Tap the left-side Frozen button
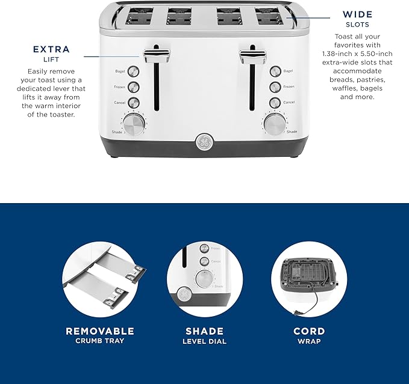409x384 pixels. pyautogui.click(x=134, y=87)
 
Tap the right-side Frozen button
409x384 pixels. pyautogui.click(x=275, y=87)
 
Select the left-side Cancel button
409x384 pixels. pyautogui.click(x=134, y=102)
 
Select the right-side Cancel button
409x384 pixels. pyautogui.click(x=275, y=102)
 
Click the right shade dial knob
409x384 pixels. pyautogui.click(x=274, y=124)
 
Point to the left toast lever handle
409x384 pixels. pyautogui.click(x=157, y=56)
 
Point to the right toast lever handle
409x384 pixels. pyautogui.click(x=253, y=56)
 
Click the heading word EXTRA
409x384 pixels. pyautogui.click(x=51, y=49)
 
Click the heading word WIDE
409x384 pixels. pyautogui.click(x=358, y=14)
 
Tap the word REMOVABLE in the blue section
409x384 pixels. pyautogui.click(x=99, y=331)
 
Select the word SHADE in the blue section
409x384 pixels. pyautogui.click(x=204, y=331)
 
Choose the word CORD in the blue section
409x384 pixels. pyautogui.click(x=308, y=331)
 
